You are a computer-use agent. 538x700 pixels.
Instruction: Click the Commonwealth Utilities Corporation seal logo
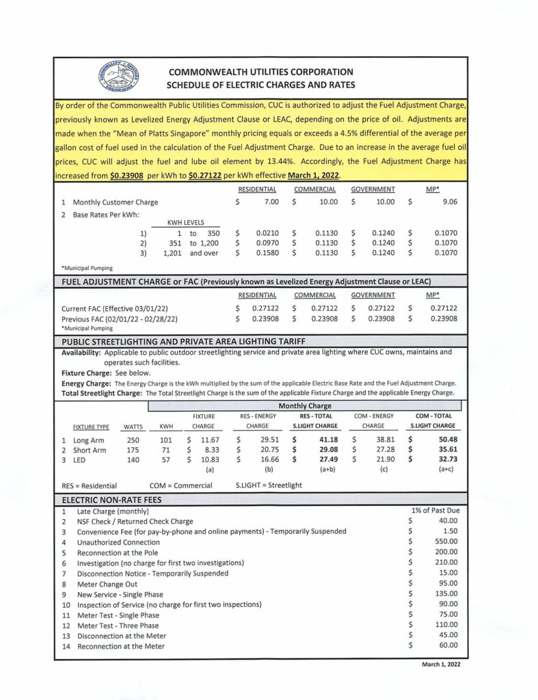click(x=120, y=78)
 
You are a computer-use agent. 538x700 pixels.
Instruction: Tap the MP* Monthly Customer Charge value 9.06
click(x=448, y=202)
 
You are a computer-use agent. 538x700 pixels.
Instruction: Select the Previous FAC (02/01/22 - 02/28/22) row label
click(x=120, y=319)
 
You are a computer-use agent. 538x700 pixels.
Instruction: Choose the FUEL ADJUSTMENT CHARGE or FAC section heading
click(x=247, y=282)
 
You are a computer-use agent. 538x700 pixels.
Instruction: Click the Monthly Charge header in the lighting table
click(x=304, y=406)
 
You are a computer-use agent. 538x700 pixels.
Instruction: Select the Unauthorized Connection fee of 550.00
click(x=446, y=542)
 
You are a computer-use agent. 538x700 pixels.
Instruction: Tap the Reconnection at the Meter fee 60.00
click(x=447, y=645)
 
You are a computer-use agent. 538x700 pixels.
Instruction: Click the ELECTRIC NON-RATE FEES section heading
click(x=112, y=500)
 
